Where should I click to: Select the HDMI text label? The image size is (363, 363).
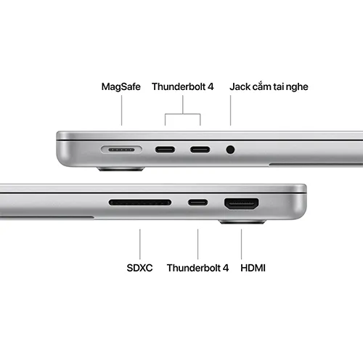(x=253, y=268)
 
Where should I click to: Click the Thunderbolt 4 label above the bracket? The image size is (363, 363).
(x=183, y=86)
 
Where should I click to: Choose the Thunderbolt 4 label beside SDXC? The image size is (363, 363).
(x=197, y=268)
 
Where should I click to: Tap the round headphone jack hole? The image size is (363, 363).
(x=231, y=150)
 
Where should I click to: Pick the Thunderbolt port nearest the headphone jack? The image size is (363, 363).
(x=200, y=150)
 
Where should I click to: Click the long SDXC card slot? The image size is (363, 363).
(x=139, y=203)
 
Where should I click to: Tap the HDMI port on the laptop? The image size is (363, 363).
(x=242, y=204)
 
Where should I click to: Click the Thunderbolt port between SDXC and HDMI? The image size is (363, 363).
(x=197, y=203)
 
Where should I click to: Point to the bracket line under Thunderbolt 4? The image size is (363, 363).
(x=183, y=113)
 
